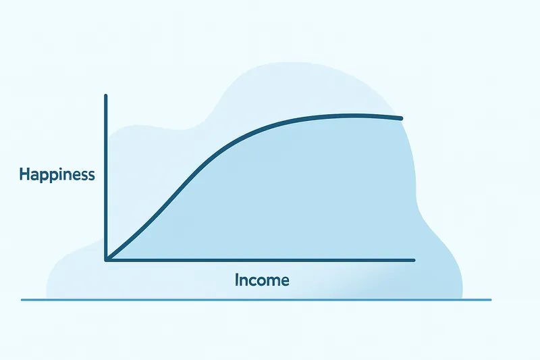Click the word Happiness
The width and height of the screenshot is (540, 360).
[57, 175]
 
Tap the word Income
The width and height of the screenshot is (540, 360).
[262, 280]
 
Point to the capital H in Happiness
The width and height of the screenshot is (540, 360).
[24, 175]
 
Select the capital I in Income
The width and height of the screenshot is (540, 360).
[237, 279]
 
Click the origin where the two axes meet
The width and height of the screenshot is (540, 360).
[107, 259]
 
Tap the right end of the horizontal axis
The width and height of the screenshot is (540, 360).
[414, 260]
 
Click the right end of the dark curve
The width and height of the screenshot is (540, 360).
[402, 119]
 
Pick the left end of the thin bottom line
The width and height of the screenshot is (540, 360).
[22, 299]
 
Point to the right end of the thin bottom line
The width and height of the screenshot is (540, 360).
[491, 299]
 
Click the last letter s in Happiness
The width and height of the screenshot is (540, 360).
[91, 176]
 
